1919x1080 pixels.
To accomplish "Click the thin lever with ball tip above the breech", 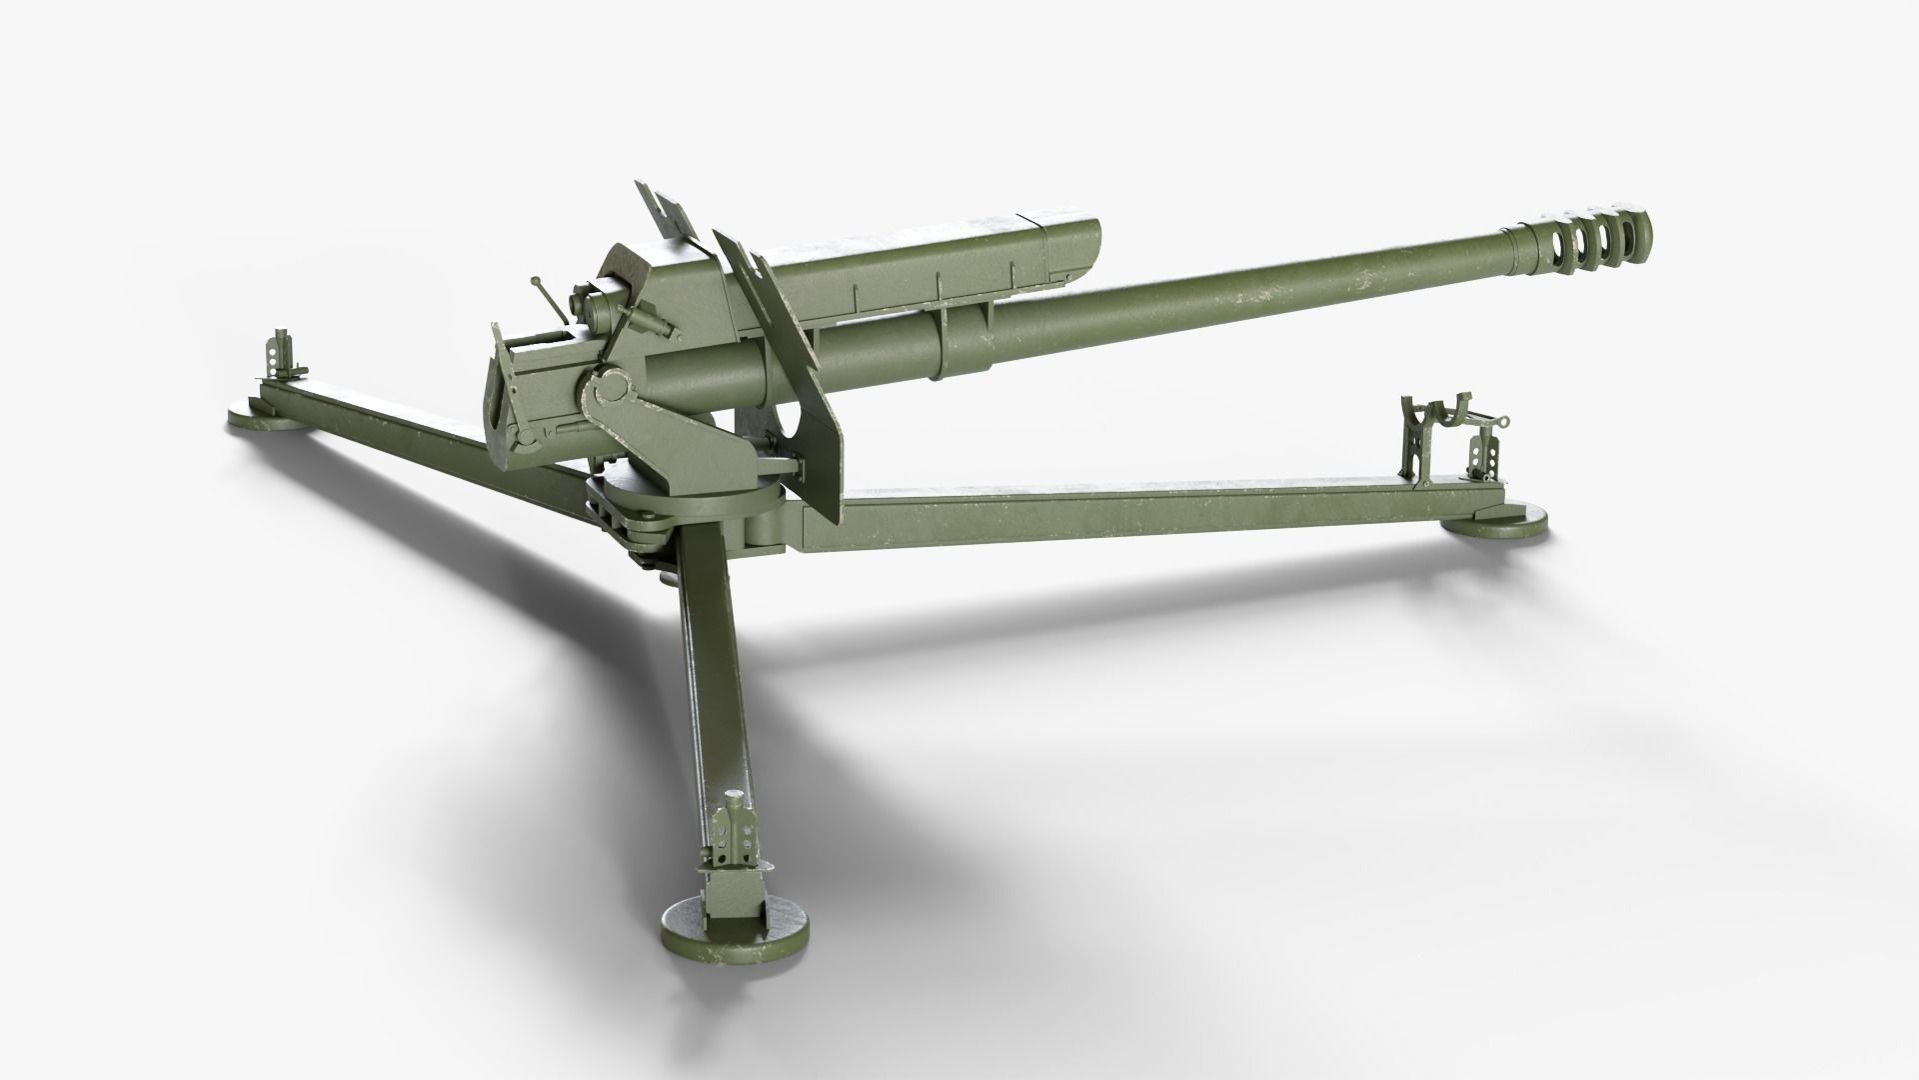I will pyautogui.click(x=548, y=296).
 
